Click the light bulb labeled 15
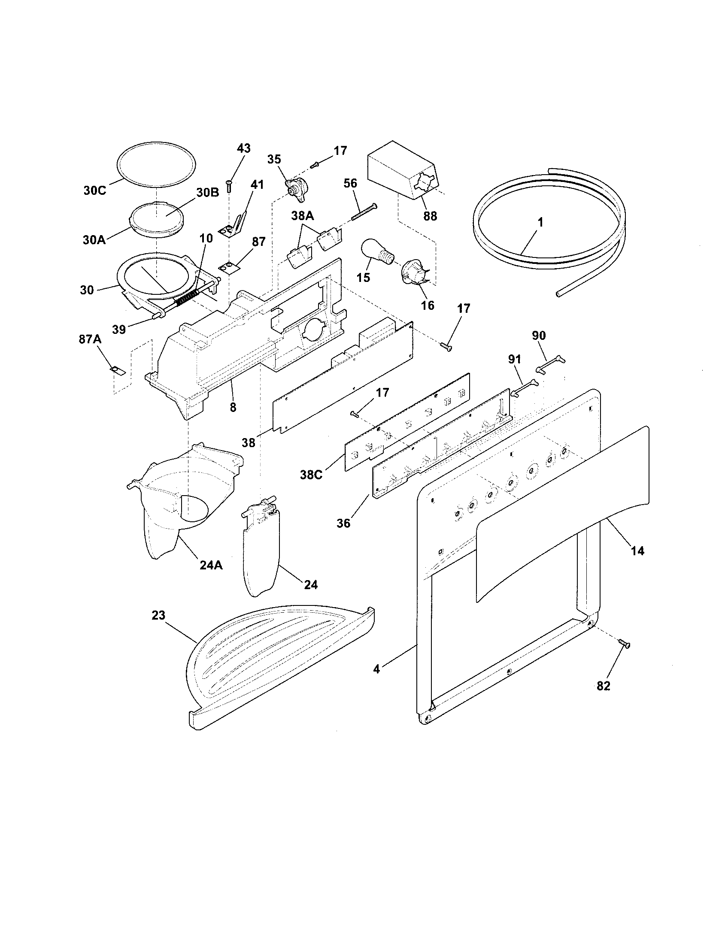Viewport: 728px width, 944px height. click(x=376, y=252)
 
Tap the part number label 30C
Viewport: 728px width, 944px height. click(x=95, y=191)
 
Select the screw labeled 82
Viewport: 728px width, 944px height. click(x=625, y=656)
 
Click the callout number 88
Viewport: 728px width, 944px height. click(x=430, y=215)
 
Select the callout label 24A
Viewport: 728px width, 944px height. click(x=211, y=565)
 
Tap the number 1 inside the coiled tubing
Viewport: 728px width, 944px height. click(x=540, y=223)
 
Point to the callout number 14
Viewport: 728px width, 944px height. click(x=637, y=551)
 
